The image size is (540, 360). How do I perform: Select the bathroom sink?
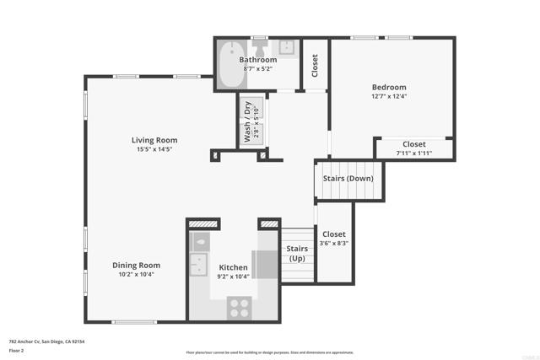click(x=287, y=48)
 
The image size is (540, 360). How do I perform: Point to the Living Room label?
click(x=154, y=140)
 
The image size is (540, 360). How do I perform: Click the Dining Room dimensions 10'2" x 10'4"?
click(x=136, y=274)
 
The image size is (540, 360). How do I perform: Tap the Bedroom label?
click(x=389, y=87)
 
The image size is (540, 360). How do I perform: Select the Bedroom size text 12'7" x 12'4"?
click(x=389, y=96)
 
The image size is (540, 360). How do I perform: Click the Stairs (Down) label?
click(x=348, y=178)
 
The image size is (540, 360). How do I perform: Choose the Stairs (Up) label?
click(x=296, y=253)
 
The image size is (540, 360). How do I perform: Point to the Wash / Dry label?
click(x=247, y=121)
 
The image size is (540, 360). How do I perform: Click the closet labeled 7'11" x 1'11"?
click(x=413, y=148)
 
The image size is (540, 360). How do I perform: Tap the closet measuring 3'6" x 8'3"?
click(x=334, y=239)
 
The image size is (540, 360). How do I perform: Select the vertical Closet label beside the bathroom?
click(x=315, y=66)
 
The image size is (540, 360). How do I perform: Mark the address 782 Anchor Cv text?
click(x=47, y=341)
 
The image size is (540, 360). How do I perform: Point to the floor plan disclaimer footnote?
click(x=269, y=352)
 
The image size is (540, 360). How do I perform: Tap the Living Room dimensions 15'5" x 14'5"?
click(x=154, y=149)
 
